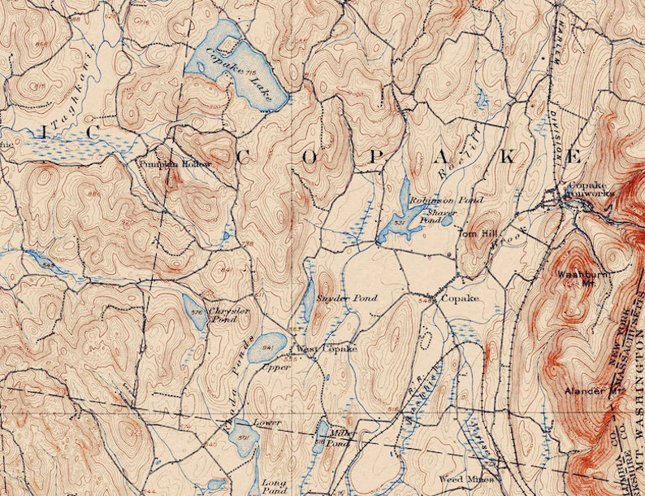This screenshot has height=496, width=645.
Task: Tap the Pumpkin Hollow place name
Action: tap(175, 163)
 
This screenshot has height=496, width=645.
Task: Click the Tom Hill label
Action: tap(476, 234)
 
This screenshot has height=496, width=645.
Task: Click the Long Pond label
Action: tap(274, 487)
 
